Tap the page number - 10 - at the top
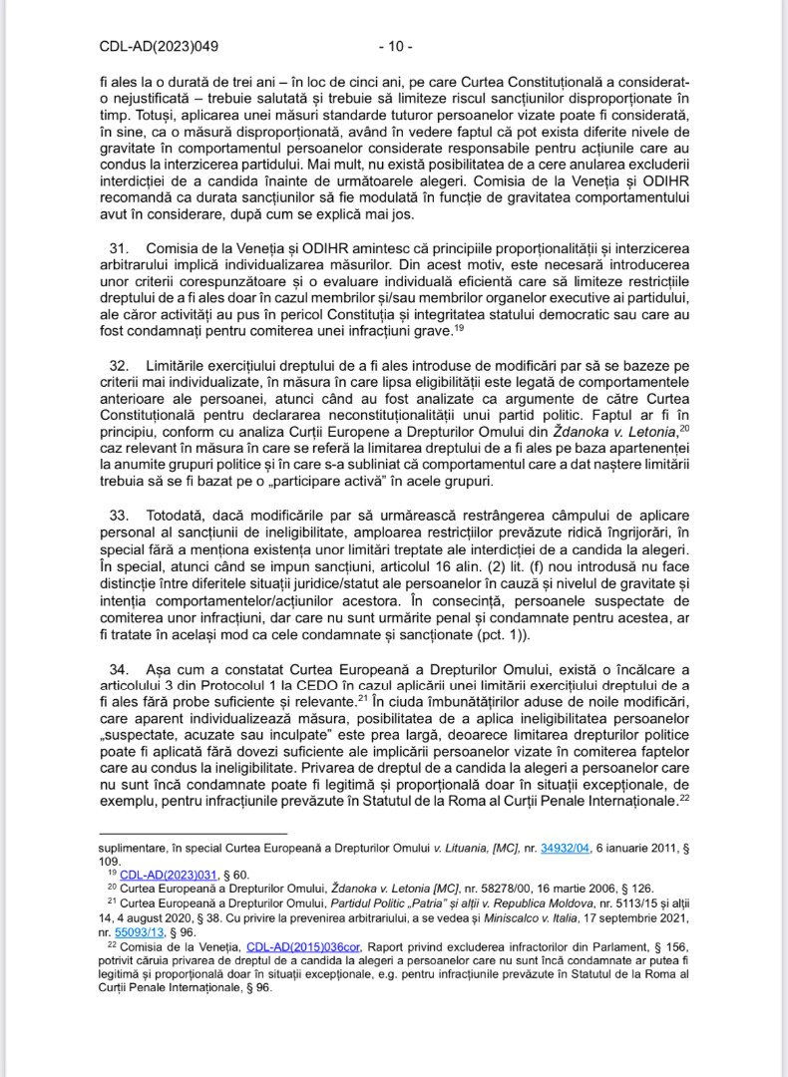pos(395,45)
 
